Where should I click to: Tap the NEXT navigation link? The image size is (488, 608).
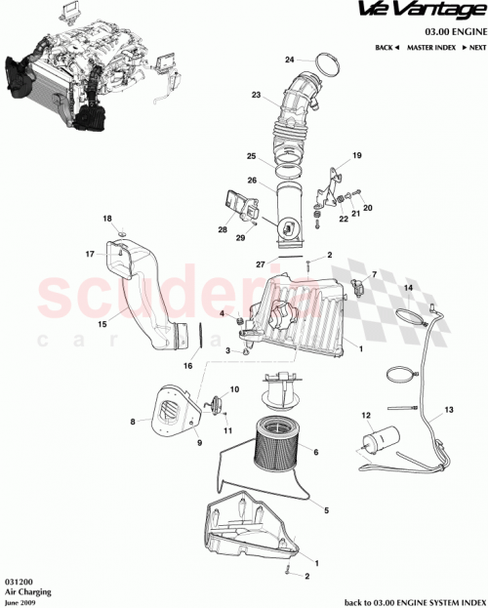[473, 47]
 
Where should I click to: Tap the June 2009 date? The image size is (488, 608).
[20, 600]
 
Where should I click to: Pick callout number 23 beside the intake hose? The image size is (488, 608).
[257, 96]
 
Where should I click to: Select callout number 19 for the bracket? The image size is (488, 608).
[356, 155]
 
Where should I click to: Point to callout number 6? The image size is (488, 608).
[316, 452]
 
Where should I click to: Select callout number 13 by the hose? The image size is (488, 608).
[450, 409]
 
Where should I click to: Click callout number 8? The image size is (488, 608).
[132, 422]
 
